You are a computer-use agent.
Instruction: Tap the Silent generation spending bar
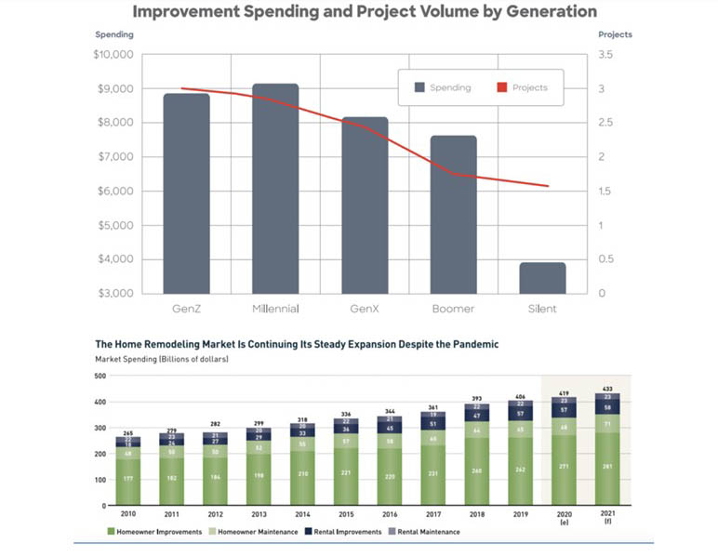542,277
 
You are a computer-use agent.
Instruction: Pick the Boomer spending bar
453,214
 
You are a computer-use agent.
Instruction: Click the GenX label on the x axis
365,308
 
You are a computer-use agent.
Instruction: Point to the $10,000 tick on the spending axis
113,55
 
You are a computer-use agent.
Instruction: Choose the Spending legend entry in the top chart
443,87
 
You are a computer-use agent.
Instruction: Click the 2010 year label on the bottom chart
127,513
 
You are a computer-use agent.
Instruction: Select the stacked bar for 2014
303,466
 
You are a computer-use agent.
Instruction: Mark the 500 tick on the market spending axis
101,376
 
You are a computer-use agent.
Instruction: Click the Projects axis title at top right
615,34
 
